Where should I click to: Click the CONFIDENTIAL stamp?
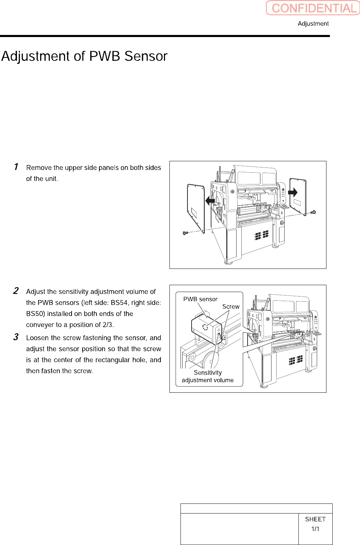pyautogui.click(x=313, y=8)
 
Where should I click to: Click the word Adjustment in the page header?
pyautogui.click(x=313, y=24)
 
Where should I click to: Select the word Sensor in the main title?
pyautogui.click(x=146, y=56)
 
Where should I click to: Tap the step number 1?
pyautogui.click(x=16, y=167)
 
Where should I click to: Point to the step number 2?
pyautogui.click(x=16, y=291)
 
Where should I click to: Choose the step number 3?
pyautogui.click(x=16, y=337)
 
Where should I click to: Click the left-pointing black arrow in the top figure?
pyautogui.click(x=210, y=201)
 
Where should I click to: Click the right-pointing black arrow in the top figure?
pyautogui.click(x=293, y=192)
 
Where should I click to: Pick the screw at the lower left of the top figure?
pyautogui.click(x=185, y=233)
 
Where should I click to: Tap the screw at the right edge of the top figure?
pyautogui.click(x=313, y=212)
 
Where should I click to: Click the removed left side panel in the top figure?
pyautogui.click(x=196, y=208)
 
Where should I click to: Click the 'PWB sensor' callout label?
pyautogui.click(x=200, y=299)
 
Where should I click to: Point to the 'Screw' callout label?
pyautogui.click(x=231, y=307)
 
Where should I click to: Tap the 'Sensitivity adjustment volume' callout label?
pyautogui.click(x=207, y=376)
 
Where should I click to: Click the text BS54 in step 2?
pyautogui.click(x=119, y=303)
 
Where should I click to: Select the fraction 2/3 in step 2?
pyautogui.click(x=107, y=325)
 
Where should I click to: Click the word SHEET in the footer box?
pyautogui.click(x=315, y=519)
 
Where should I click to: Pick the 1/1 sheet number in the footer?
pyautogui.click(x=315, y=529)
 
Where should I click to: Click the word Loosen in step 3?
pyautogui.click(x=37, y=338)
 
